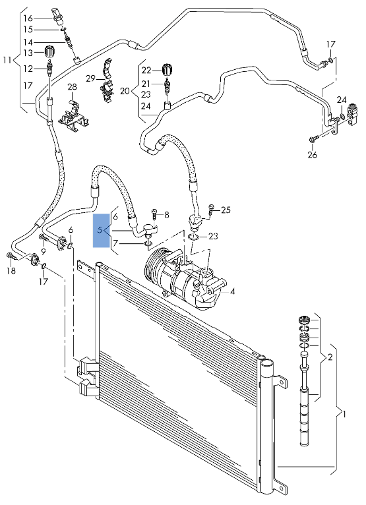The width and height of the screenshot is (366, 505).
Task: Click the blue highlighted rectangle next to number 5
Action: click(x=101, y=230)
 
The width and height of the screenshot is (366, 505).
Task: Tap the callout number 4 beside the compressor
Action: click(x=232, y=291)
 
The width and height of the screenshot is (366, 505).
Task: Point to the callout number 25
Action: click(x=226, y=210)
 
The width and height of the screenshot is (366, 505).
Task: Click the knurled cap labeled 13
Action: click(x=50, y=51)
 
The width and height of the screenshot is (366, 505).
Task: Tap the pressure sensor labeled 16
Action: click(x=57, y=16)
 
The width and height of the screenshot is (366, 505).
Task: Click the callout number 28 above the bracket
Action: click(x=72, y=86)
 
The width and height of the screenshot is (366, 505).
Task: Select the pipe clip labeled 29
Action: click(x=107, y=82)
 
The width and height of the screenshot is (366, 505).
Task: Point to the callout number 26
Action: click(x=312, y=154)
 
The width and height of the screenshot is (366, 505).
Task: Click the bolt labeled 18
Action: click(x=11, y=256)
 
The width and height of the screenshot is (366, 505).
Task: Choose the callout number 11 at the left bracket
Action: click(x=7, y=59)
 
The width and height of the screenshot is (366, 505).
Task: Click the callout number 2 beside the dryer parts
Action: click(x=330, y=357)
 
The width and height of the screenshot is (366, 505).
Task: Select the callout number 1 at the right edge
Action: click(x=344, y=413)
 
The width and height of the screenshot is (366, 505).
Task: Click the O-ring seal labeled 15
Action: click(x=63, y=30)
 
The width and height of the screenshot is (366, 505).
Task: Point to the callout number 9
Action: click(x=43, y=251)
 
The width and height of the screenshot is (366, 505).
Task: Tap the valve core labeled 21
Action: click(x=167, y=85)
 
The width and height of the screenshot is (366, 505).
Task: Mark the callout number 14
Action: click(x=28, y=42)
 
